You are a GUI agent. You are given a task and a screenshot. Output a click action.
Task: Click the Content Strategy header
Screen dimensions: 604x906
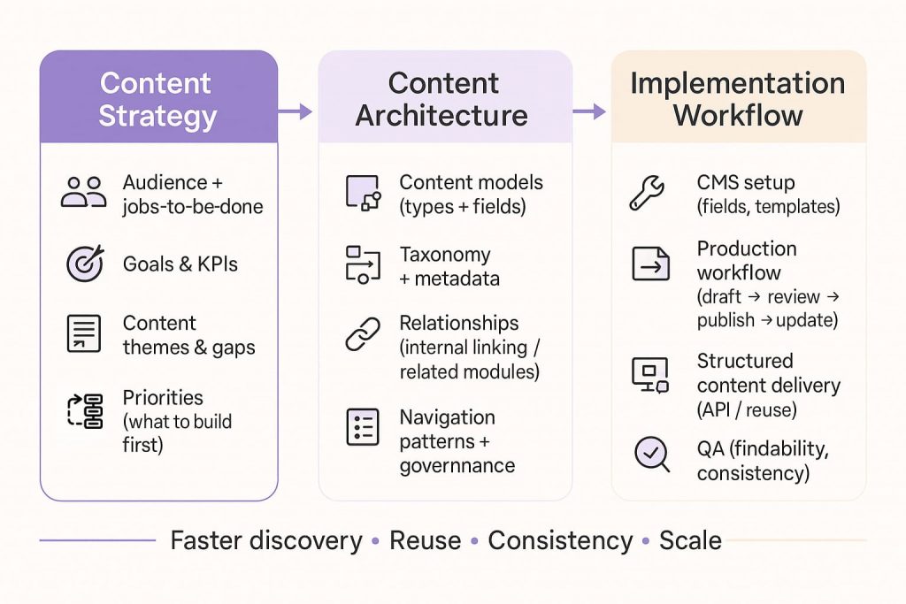pos(158,99)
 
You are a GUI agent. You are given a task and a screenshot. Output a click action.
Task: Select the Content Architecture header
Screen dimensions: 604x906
pos(444,99)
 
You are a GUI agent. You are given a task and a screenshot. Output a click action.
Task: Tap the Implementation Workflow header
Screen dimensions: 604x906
pos(737,99)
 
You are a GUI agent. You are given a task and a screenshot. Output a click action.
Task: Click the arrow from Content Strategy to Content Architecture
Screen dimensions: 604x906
pos(297,111)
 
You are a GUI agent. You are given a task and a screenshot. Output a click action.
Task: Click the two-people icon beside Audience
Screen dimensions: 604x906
pos(84,192)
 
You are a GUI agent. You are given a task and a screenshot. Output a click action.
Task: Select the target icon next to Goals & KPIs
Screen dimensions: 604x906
pos(85,263)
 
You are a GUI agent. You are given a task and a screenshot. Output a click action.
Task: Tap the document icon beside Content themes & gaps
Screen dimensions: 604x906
pos(84,333)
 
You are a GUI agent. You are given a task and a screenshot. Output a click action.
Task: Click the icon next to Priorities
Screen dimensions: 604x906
pos(85,411)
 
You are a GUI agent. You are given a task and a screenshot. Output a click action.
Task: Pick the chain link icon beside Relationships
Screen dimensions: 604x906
pos(362,333)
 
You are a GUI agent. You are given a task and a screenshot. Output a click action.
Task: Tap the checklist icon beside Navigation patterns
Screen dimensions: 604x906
pos(362,427)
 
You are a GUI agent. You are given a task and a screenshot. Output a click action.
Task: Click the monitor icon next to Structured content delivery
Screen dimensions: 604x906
pos(649,374)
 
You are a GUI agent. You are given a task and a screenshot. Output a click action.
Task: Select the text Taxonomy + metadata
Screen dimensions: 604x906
pos(449,266)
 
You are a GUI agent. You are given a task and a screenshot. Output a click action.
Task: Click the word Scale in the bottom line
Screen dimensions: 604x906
pos(690,540)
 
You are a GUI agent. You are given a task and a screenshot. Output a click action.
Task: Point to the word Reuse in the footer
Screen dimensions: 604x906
pos(425,540)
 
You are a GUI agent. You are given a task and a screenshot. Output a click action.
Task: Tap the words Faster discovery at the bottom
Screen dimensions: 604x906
pos(265,540)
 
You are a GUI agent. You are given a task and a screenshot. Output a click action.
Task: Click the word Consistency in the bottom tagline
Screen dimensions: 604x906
pos(559,540)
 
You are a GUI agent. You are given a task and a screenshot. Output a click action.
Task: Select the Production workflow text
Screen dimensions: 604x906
pos(747,261)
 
